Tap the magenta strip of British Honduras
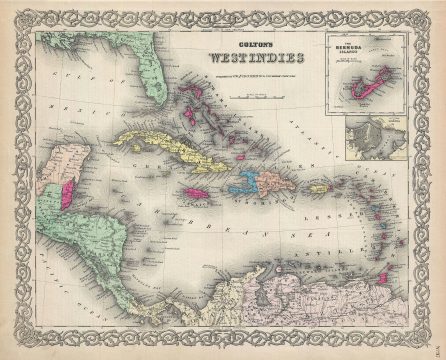point(64,187)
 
